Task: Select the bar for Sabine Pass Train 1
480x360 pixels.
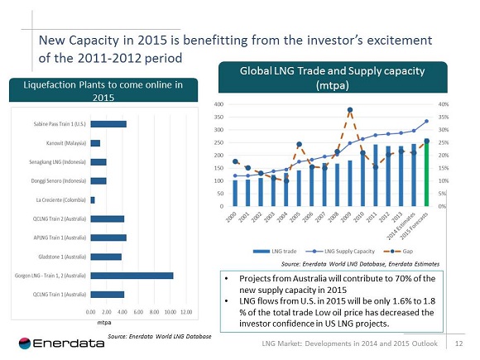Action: click(x=108, y=124)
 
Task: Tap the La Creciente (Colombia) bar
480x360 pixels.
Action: click(x=93, y=199)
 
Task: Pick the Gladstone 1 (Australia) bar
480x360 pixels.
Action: click(x=105, y=256)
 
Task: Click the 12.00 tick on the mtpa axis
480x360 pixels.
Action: click(x=186, y=312)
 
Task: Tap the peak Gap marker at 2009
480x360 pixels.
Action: click(x=351, y=110)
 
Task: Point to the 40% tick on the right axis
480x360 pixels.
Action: click(x=444, y=104)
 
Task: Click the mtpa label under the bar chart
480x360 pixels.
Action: click(x=104, y=322)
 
